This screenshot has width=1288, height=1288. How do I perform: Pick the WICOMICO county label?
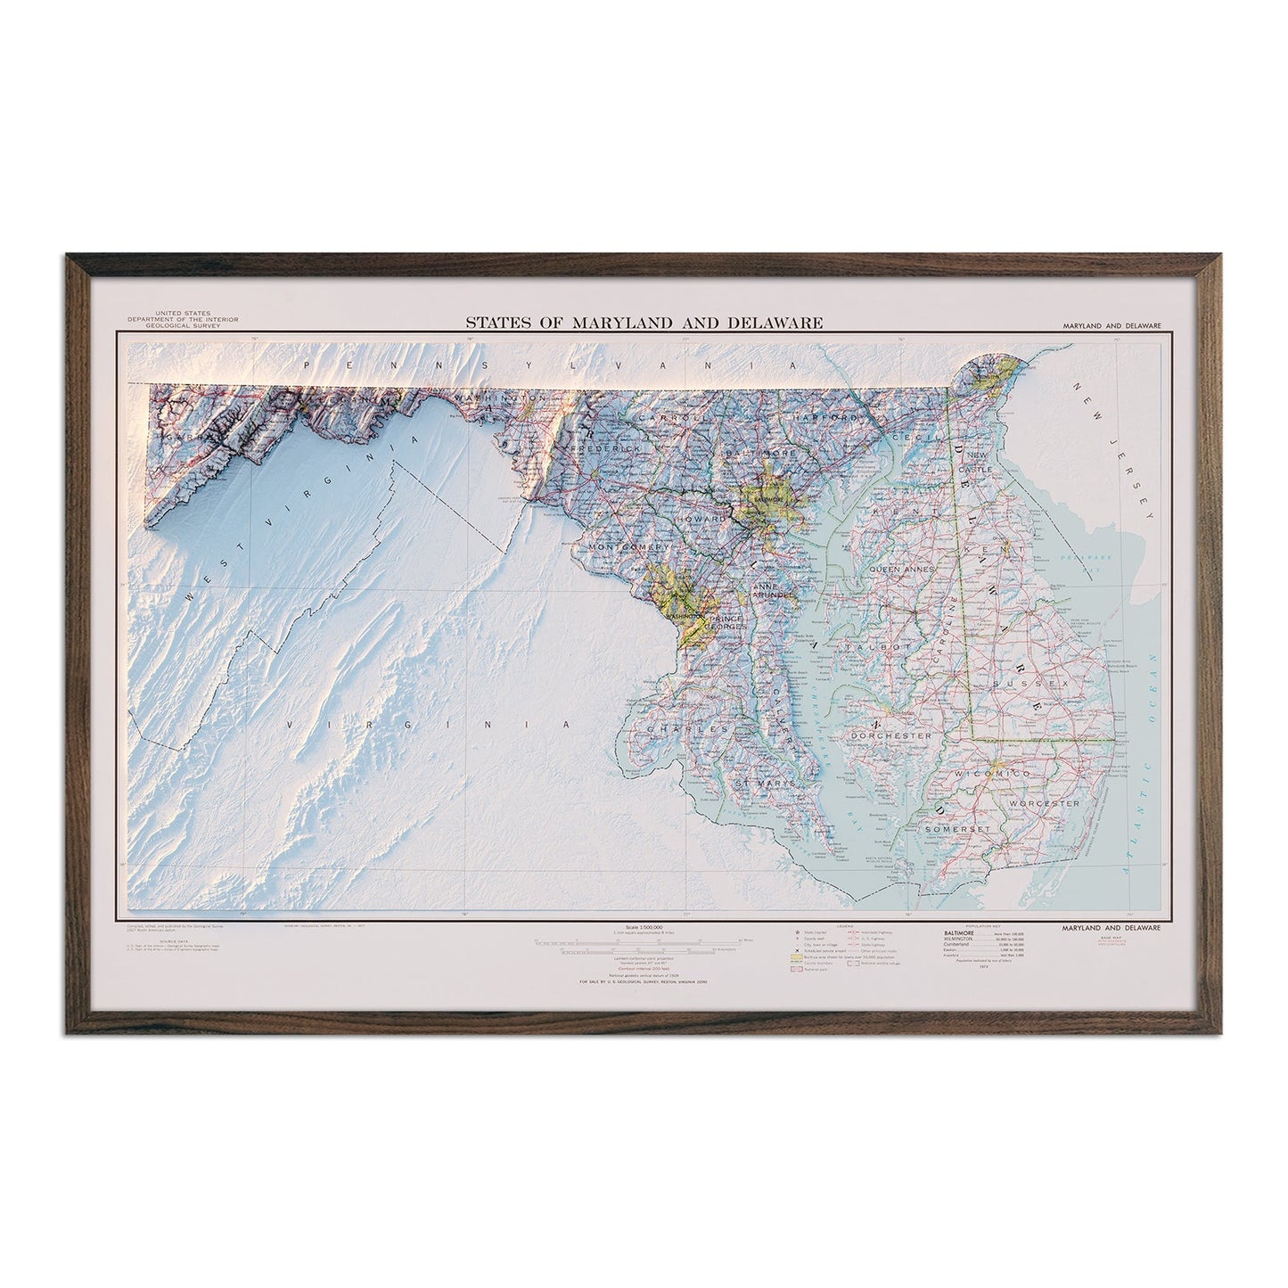(993, 774)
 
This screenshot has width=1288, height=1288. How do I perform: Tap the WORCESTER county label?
(1046, 803)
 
